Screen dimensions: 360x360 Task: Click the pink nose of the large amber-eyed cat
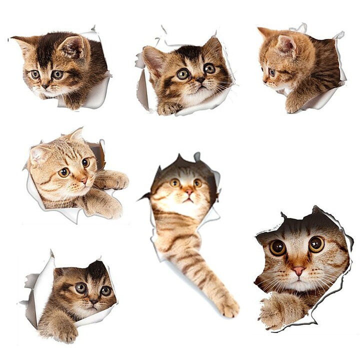pos(298,270)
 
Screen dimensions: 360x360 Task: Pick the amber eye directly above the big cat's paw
pos(277,247)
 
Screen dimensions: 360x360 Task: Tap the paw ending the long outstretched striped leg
pos(228,306)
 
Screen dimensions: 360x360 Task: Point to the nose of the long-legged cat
pos(189,191)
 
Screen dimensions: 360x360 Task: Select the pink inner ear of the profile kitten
pos(286,45)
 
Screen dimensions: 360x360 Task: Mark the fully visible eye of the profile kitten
pos(272,72)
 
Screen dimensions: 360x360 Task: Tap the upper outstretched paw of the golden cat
pos(115,180)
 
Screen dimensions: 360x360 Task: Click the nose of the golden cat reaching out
pos(83,179)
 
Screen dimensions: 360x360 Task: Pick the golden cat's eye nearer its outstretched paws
pos(85,162)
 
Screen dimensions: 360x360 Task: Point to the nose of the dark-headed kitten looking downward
pos(46,85)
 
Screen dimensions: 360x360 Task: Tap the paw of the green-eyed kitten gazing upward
pos(168,108)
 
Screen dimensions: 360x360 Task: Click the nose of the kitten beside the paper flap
pos(93,301)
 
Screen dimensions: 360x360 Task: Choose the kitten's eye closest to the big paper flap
pos(80,287)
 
